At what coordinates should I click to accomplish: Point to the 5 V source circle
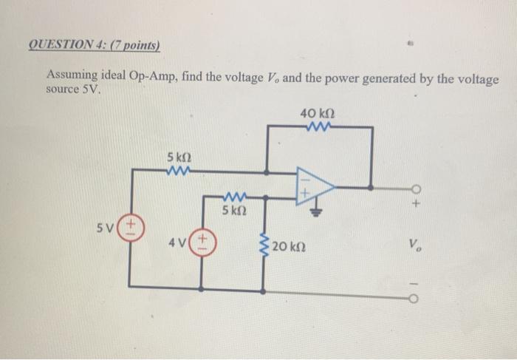131,225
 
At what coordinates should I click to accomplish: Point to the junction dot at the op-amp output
371,186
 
